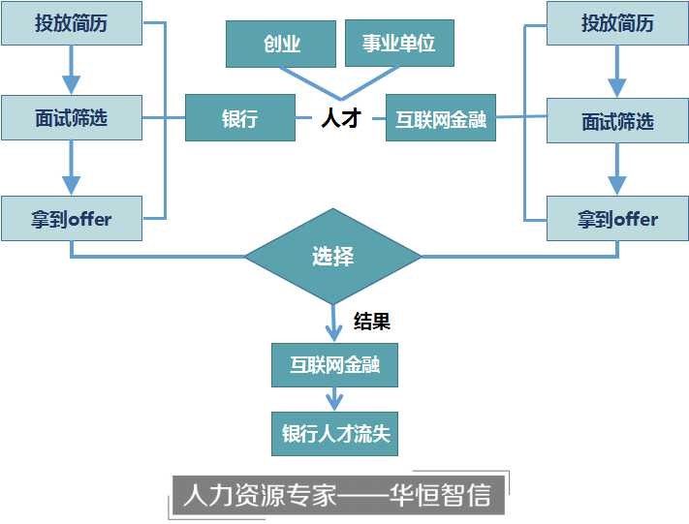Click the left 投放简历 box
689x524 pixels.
[x=72, y=23]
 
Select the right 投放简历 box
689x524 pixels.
[x=617, y=23]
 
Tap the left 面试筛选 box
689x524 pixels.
[x=72, y=118]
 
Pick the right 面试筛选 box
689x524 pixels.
[x=617, y=122]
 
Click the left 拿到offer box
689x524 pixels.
[x=72, y=219]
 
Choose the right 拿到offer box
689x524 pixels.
[x=617, y=219]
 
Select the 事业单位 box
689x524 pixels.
[x=399, y=45]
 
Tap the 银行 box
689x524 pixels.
[x=240, y=119]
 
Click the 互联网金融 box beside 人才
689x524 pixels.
[x=441, y=120]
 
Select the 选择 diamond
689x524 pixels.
[x=332, y=257]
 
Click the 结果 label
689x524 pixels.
[x=371, y=321]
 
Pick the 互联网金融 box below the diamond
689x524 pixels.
[x=334, y=366]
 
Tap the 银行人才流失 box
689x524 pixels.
[x=334, y=433]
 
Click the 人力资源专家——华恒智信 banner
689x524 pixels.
[x=337, y=495]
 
